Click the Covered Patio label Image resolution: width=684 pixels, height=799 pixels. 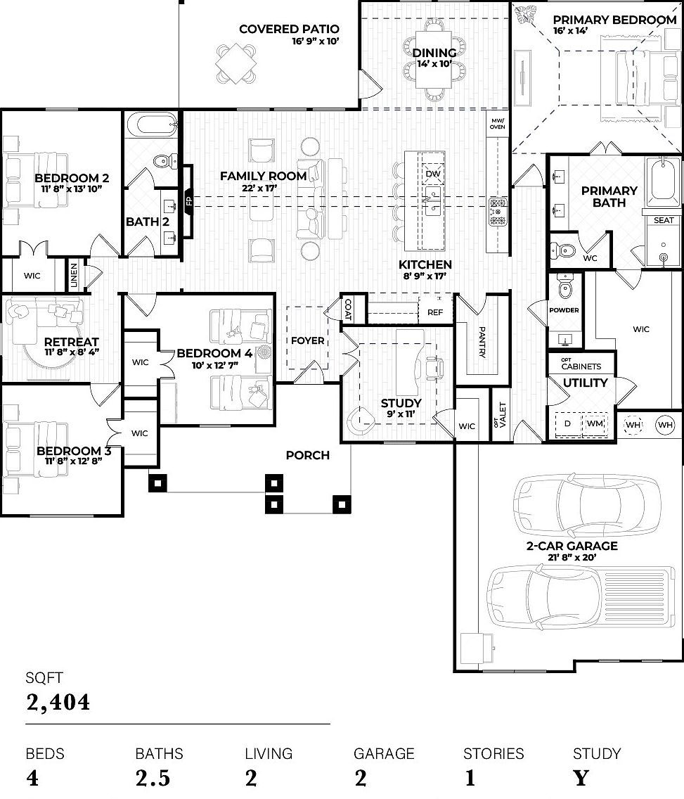point(289,29)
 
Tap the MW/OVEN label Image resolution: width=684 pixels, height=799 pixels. point(497,124)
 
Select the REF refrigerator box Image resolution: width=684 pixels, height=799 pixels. point(435,311)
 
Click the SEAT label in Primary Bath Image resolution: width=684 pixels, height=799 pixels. point(664,220)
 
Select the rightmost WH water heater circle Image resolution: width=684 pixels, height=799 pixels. point(665,425)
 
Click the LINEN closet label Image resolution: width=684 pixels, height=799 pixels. point(73,276)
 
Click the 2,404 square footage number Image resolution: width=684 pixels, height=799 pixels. point(58,702)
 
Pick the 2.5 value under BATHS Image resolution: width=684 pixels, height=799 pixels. point(153,778)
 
